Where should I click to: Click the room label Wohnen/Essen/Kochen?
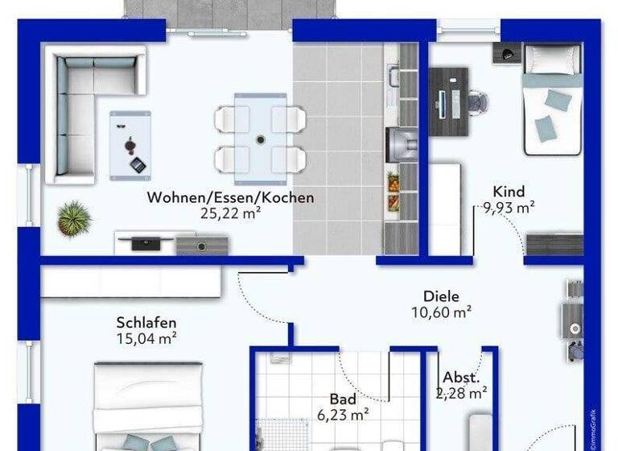tap(230, 197)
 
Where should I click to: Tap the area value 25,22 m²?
tap(231, 213)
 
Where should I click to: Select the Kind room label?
tap(509, 192)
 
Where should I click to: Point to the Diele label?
tap(442, 296)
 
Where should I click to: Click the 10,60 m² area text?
tap(443, 311)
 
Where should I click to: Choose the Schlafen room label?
tap(146, 322)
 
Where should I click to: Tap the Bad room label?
tap(341, 399)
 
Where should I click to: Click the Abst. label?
tap(462, 377)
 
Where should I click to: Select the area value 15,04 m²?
tap(146, 338)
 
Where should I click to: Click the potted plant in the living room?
tap(74, 217)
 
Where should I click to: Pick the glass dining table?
tap(260, 139)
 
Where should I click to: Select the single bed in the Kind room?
tap(551, 101)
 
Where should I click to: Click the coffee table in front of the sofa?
tap(130, 143)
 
